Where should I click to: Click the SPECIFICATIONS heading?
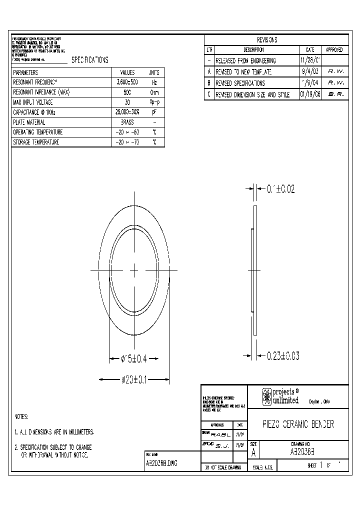click(x=90, y=60)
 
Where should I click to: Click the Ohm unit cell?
click(x=154, y=92)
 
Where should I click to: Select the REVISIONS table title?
click(x=267, y=40)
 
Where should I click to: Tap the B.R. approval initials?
click(x=335, y=94)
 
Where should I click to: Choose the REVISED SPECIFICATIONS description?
click(x=240, y=83)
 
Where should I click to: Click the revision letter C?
click(x=209, y=94)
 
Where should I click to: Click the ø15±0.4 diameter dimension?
click(x=134, y=358)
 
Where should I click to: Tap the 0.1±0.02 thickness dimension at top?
click(x=281, y=189)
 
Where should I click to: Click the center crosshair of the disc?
click(x=134, y=270)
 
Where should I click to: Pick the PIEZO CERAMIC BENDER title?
click(x=298, y=424)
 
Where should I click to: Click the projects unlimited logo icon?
click(x=266, y=396)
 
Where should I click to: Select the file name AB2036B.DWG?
click(x=161, y=463)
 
